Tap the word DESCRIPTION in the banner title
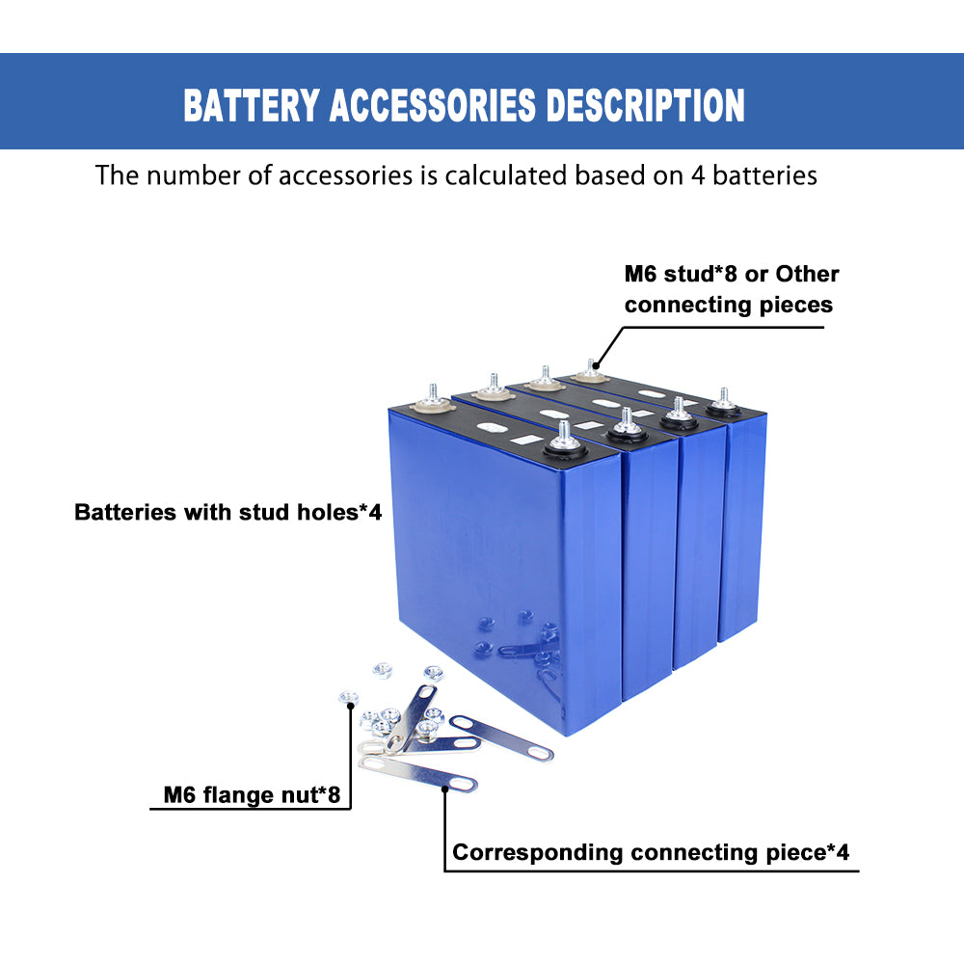(646, 105)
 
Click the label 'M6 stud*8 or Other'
(732, 274)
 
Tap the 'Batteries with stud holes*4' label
(228, 512)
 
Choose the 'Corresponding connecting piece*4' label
(651, 852)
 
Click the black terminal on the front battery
(563, 446)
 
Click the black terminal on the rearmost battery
(722, 406)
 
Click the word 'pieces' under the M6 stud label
(793, 305)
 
